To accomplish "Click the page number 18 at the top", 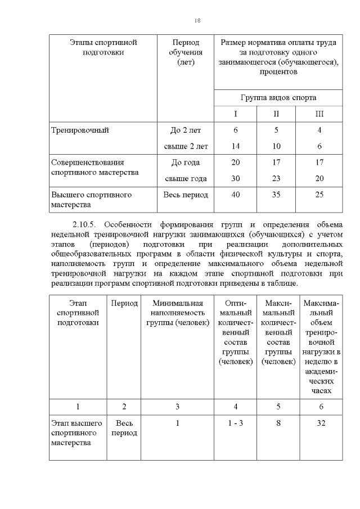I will tap(197, 20).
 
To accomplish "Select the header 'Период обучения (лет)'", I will tap(186, 52).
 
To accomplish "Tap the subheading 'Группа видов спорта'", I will tap(278, 97).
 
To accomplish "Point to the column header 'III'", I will tap(319, 114).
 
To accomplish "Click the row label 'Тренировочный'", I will tap(80, 130).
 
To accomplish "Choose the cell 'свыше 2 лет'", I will tap(186, 146).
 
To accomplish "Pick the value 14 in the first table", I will tap(236, 146).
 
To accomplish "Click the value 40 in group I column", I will tap(236, 195).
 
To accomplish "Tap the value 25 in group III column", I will tap(319, 195).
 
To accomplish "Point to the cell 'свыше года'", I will tap(186, 179).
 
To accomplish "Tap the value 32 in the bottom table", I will tap(321, 423).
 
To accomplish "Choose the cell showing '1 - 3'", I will tap(236, 423).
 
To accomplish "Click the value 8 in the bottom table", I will tap(278, 423).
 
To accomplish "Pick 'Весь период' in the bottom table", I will tap(124, 428).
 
